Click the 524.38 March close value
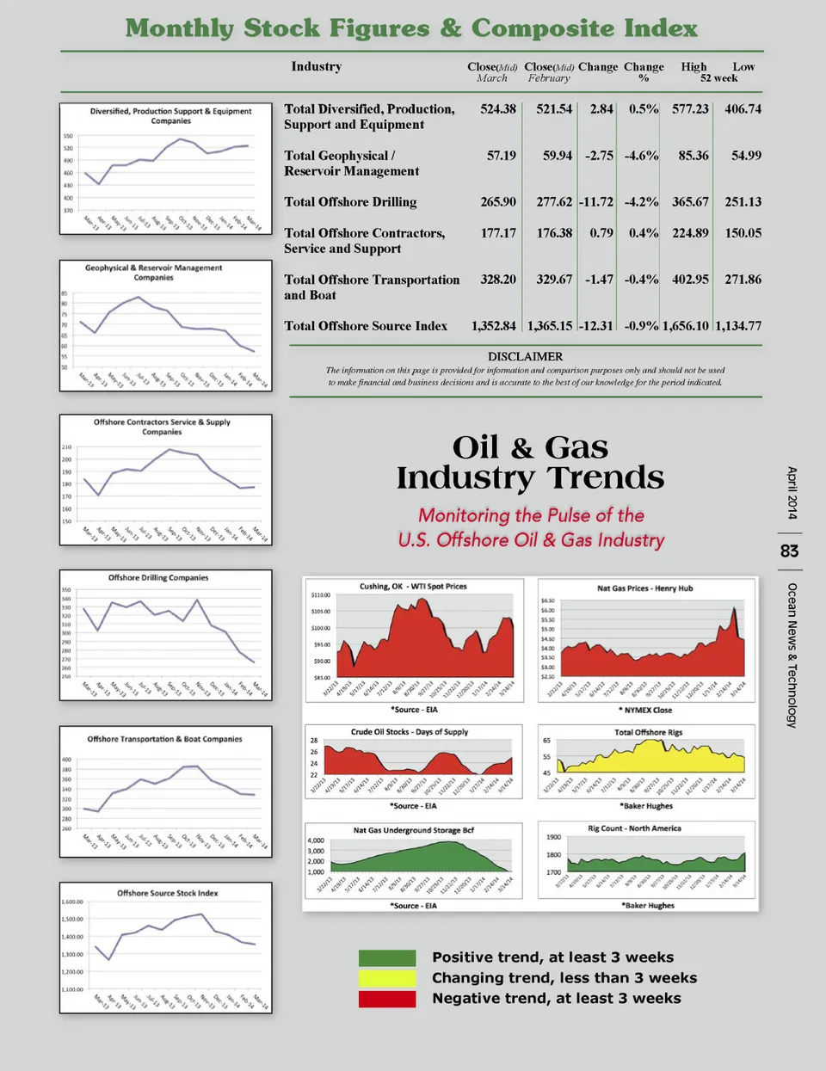tap(498, 109)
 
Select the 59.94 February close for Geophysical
tap(557, 156)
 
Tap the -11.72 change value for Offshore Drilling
tap(595, 202)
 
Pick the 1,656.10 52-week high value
tap(686, 326)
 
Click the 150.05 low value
tap(743, 233)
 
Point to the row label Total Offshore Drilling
tap(350, 202)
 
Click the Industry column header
tap(316, 67)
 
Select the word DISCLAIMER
tap(525, 356)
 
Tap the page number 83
tap(789, 551)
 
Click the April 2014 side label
tap(792, 493)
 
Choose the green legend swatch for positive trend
tap(387, 958)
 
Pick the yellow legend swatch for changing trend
tap(387, 978)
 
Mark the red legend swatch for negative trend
tap(387, 999)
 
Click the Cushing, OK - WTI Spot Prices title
tap(413, 587)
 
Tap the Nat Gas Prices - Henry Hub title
tap(644, 588)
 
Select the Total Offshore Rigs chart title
tap(648, 733)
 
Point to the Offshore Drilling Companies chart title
tap(158, 578)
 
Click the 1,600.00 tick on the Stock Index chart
tap(72, 902)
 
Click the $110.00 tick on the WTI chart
tap(319, 595)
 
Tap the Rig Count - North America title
tap(634, 828)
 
